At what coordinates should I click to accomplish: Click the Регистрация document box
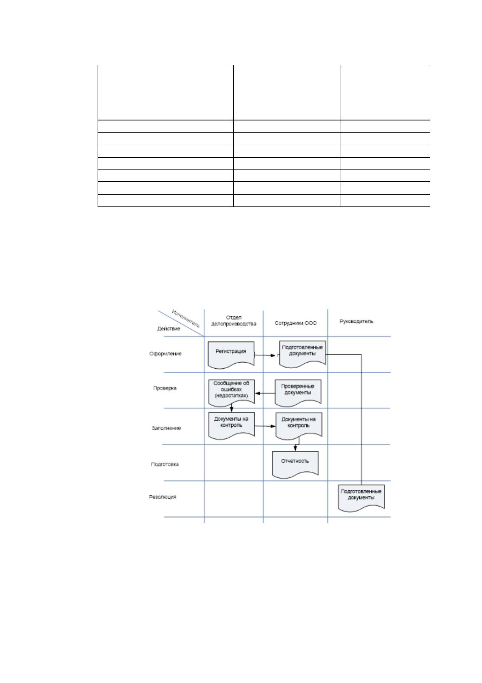click(x=231, y=355)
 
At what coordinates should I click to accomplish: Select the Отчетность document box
click(x=295, y=465)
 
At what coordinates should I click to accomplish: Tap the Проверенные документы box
click(x=298, y=393)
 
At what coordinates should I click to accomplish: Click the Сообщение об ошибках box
click(x=231, y=393)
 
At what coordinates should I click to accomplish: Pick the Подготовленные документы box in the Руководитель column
click(x=361, y=498)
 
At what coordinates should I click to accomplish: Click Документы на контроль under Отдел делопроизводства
click(x=231, y=425)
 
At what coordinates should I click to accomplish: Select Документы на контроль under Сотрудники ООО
click(x=299, y=426)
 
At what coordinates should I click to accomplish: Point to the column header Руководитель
click(x=356, y=321)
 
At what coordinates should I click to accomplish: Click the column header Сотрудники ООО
click(x=296, y=323)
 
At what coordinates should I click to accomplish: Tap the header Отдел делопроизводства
click(x=234, y=320)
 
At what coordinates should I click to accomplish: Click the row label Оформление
click(x=165, y=354)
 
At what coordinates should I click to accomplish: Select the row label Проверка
click(x=165, y=388)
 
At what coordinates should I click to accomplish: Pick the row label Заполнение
click(x=166, y=428)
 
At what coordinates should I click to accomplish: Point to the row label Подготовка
click(x=165, y=464)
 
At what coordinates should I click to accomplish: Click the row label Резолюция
click(x=162, y=497)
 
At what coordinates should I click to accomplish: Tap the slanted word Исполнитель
click(x=186, y=319)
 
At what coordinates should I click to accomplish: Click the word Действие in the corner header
click(x=168, y=329)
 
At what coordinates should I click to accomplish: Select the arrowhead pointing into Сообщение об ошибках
click(x=257, y=393)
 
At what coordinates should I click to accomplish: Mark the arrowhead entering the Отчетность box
click(x=295, y=449)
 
